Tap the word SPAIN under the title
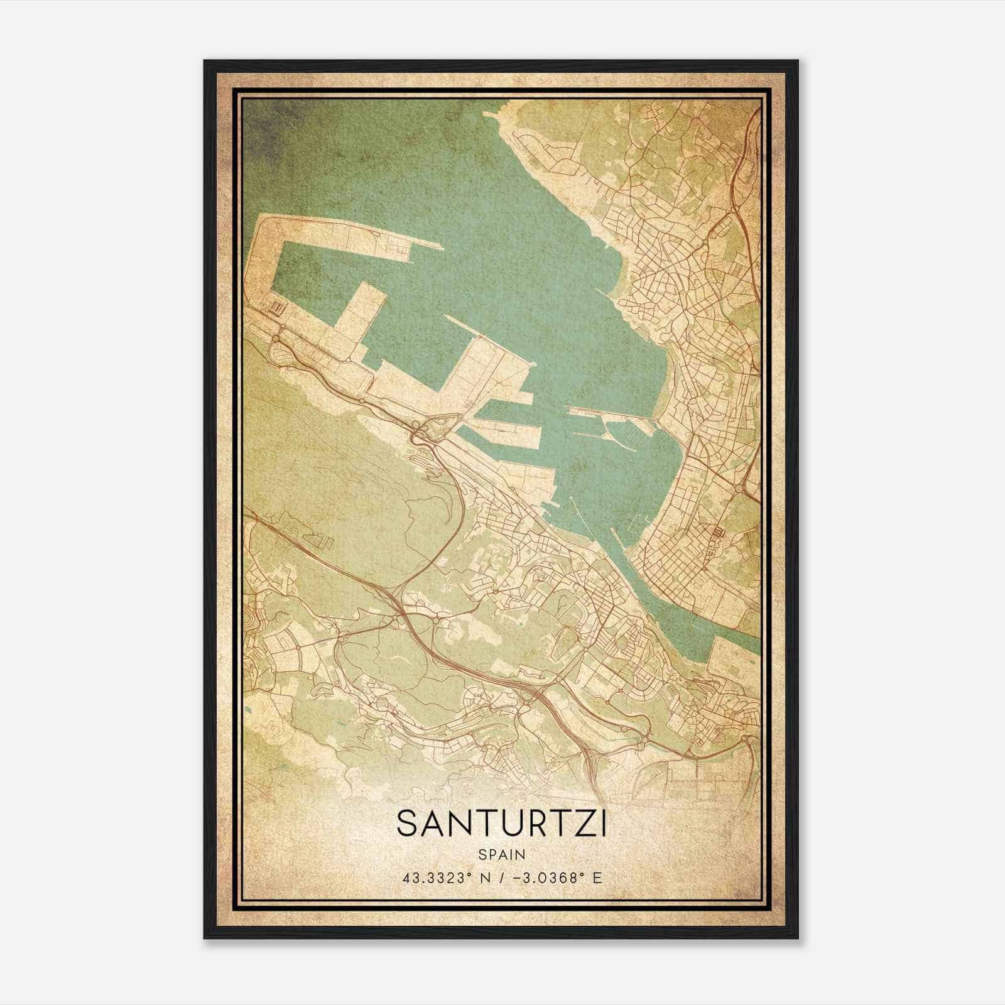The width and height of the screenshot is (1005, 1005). click(x=501, y=854)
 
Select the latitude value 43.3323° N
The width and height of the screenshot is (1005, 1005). click(x=440, y=877)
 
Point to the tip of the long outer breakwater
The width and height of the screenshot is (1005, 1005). click(x=442, y=248)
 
